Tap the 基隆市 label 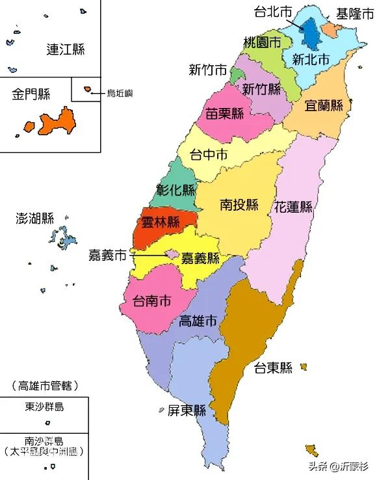[x=354, y=12]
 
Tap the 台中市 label [x=208, y=155]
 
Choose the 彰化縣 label [x=175, y=191]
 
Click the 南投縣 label [x=239, y=205]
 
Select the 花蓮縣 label [x=293, y=208]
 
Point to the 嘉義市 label [x=107, y=256]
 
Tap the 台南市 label [x=152, y=301]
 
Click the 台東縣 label [x=273, y=367]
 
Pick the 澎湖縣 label [x=34, y=218]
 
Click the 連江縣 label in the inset [x=66, y=49]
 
